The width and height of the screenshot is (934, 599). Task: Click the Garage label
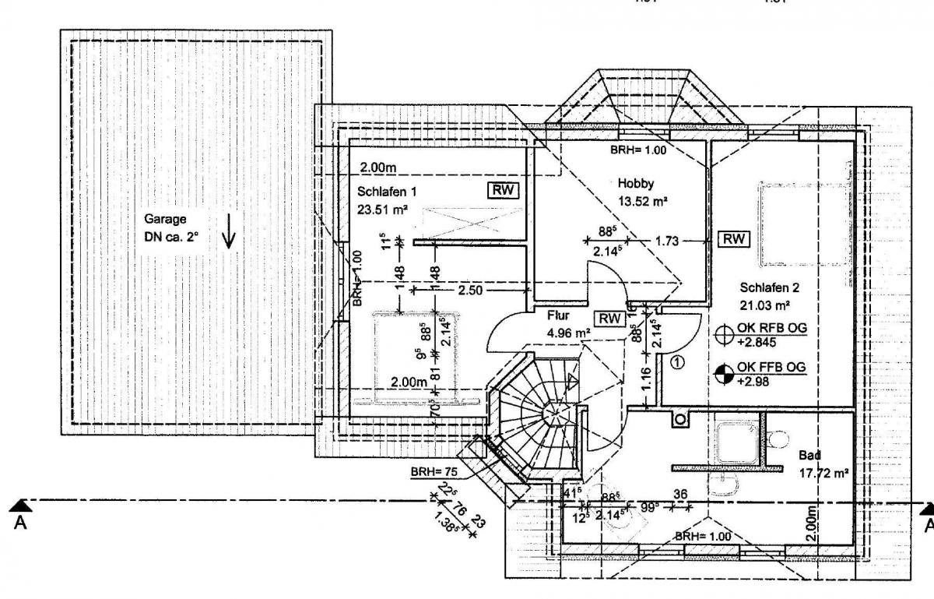point(160,220)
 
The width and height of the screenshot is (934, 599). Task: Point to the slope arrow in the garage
point(228,234)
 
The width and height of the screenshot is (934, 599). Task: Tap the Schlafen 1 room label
point(388,192)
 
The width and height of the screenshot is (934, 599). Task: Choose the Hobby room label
point(636,184)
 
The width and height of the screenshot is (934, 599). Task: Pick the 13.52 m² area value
point(644,200)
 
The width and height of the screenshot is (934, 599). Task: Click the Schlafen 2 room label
point(770,287)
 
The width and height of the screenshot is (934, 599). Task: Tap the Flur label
point(560,317)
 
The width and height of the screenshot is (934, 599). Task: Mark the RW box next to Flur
point(610,318)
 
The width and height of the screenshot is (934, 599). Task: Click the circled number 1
point(677,361)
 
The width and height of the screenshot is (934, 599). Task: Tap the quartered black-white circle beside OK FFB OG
point(724,373)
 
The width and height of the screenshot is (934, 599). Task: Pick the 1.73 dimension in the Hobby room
point(666,241)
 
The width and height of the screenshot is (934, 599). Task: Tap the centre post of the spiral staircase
point(557,410)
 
